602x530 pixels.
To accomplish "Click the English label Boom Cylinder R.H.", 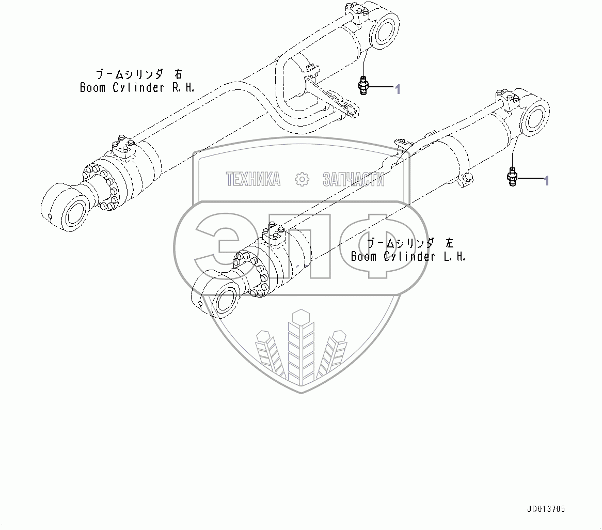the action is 137,87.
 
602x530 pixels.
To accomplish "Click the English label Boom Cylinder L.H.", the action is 408,256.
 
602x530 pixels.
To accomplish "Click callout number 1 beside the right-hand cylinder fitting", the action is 398,89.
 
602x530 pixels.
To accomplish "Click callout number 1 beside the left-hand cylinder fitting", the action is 546,180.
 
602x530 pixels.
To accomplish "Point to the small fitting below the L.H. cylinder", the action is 512,177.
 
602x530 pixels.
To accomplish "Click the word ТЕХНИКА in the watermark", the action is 253,179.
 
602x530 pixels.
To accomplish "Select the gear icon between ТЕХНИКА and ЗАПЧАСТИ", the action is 301,179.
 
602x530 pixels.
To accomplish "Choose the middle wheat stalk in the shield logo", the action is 300,346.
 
